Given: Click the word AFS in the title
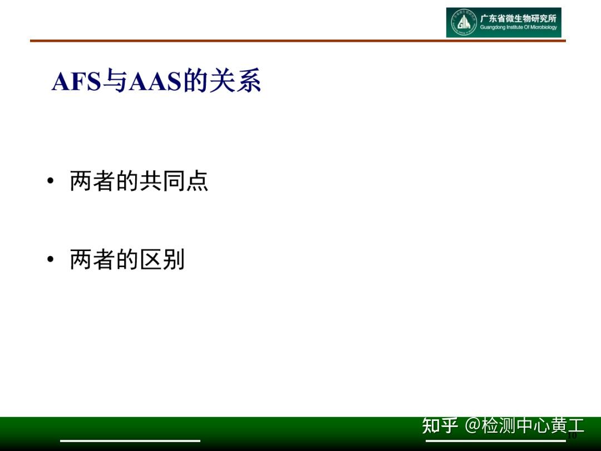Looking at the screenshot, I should pyautogui.click(x=76, y=82).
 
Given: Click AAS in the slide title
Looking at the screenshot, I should pyautogui.click(x=156, y=82).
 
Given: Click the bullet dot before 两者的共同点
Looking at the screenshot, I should pyautogui.click(x=51, y=181).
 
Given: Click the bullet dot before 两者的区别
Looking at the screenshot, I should pyautogui.click(x=51, y=259).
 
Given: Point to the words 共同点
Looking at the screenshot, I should pyautogui.click(x=174, y=181).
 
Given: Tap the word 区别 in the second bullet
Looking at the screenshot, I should pyautogui.click(x=162, y=259).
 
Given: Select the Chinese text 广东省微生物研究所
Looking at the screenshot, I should pyautogui.click(x=518, y=18).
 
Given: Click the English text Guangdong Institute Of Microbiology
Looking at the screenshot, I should pyautogui.click(x=518, y=28).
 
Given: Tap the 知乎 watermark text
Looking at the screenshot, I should pyautogui.click(x=440, y=426).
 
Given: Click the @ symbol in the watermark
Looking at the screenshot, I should pyautogui.click(x=472, y=426).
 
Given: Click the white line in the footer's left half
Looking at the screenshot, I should pyautogui.click(x=130, y=440).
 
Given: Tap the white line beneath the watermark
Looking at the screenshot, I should pyautogui.click(x=495, y=440).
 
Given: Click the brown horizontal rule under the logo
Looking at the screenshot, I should pyautogui.click(x=298, y=41).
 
